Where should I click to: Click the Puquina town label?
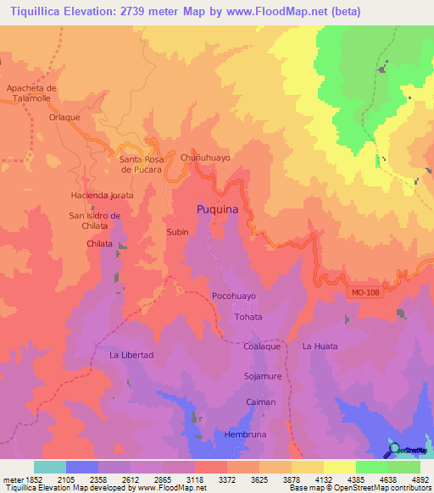pos(217,208)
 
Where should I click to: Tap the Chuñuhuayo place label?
pos(205,158)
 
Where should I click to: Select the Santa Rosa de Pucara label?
pos(147,164)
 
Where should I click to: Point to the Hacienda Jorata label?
pos(102,195)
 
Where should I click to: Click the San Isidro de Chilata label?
pos(95,220)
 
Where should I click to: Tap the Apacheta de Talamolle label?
pos(31,93)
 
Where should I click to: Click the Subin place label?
pos(177,231)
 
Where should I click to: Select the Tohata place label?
pos(248,317)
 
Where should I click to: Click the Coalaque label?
pos(262,346)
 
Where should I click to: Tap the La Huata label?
pos(320,346)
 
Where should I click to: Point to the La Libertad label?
pos(131,355)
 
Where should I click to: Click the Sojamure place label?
pos(262,374)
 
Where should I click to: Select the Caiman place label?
pos(260,402)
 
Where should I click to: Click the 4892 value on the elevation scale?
pos(420,480)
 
